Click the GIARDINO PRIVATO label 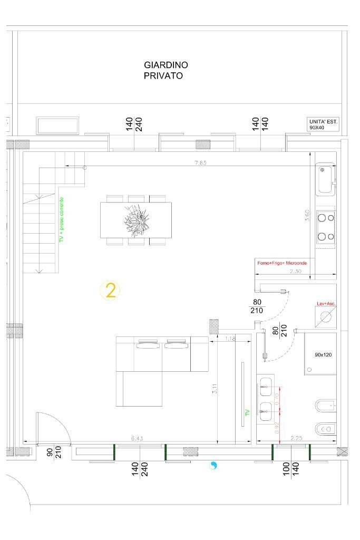[166, 70]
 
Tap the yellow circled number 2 [111, 291]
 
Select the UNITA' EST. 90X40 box [323, 124]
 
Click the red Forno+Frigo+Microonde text [281, 263]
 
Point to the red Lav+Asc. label [326, 304]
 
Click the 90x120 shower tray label [323, 355]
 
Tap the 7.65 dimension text [200, 163]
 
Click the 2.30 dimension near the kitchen [296, 271]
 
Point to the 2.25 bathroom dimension [297, 438]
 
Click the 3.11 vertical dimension [213, 391]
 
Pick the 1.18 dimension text [230, 338]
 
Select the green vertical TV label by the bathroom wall [247, 412]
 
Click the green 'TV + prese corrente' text [62, 220]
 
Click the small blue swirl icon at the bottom [213, 466]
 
